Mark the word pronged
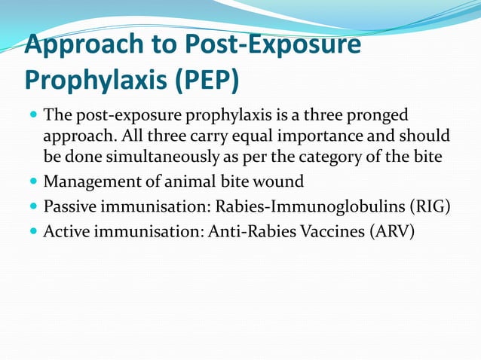coord(378,116)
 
